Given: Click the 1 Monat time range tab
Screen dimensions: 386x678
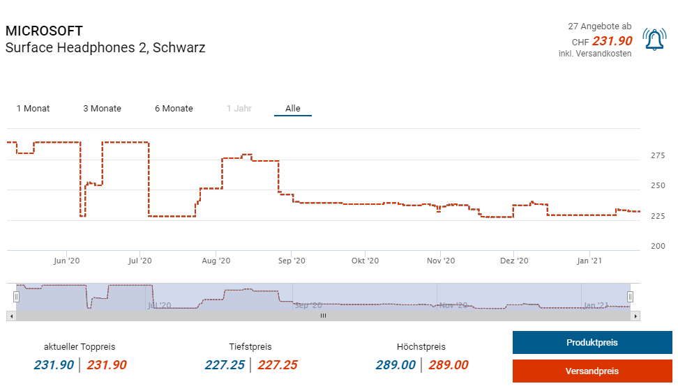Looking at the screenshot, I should click(33, 109).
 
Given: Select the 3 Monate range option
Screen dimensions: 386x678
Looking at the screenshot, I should click(102, 109).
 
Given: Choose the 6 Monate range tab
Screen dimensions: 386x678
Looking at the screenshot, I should click(174, 109).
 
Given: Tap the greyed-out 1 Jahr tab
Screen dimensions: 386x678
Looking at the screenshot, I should click(239, 109).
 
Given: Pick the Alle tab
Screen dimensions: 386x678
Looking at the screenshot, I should click(292, 109).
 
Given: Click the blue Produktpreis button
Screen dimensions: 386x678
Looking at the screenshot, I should click(592, 343).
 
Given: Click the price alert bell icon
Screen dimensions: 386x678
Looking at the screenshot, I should click(654, 40).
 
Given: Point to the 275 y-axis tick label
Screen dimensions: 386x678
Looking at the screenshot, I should click(658, 155).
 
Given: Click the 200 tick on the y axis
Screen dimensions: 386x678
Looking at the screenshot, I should click(658, 247).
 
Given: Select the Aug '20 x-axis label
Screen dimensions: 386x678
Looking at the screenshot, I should click(216, 261).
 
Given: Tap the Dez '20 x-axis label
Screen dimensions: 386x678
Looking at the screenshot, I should click(513, 261).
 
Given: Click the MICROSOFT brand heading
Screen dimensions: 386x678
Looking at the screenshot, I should click(44, 31).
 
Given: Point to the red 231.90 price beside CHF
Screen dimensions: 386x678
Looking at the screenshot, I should click(612, 41).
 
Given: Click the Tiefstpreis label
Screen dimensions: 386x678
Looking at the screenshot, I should click(250, 347).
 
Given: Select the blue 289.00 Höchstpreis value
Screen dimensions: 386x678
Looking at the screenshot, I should click(395, 365).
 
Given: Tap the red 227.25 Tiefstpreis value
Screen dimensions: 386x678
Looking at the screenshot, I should click(278, 365).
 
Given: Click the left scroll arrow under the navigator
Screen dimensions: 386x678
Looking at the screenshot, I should click(10, 316).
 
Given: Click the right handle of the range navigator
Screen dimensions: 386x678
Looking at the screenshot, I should click(630, 297).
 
